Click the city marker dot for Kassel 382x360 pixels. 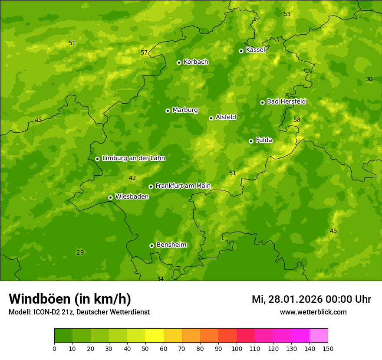pyautogui.click(x=241, y=51)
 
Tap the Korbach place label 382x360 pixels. pyautogui.click(x=196, y=62)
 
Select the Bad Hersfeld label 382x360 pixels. pyautogui.click(x=286, y=101)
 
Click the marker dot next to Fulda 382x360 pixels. pyautogui.click(x=251, y=141)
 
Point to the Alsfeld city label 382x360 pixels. pyautogui.click(x=226, y=117)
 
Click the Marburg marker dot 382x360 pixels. pyautogui.click(x=168, y=111)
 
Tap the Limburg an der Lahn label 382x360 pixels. pyautogui.click(x=133, y=158)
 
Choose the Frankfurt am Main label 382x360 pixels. pyautogui.click(x=183, y=186)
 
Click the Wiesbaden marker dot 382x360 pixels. pyautogui.click(x=110, y=197)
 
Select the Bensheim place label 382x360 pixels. pyautogui.click(x=171, y=245)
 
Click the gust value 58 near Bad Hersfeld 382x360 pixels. pyautogui.click(x=297, y=120)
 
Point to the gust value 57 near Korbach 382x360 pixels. pyautogui.click(x=144, y=53)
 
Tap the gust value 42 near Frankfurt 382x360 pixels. pyautogui.click(x=132, y=178)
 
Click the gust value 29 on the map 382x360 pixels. pyautogui.click(x=80, y=252)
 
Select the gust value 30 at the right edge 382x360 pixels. pyautogui.click(x=369, y=79)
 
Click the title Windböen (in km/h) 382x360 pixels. pyautogui.click(x=70, y=299)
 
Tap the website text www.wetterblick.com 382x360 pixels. pyautogui.click(x=313, y=312)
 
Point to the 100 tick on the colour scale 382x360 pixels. pyautogui.click(x=237, y=348)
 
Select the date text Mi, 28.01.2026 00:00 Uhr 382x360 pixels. pyautogui.click(x=311, y=299)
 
